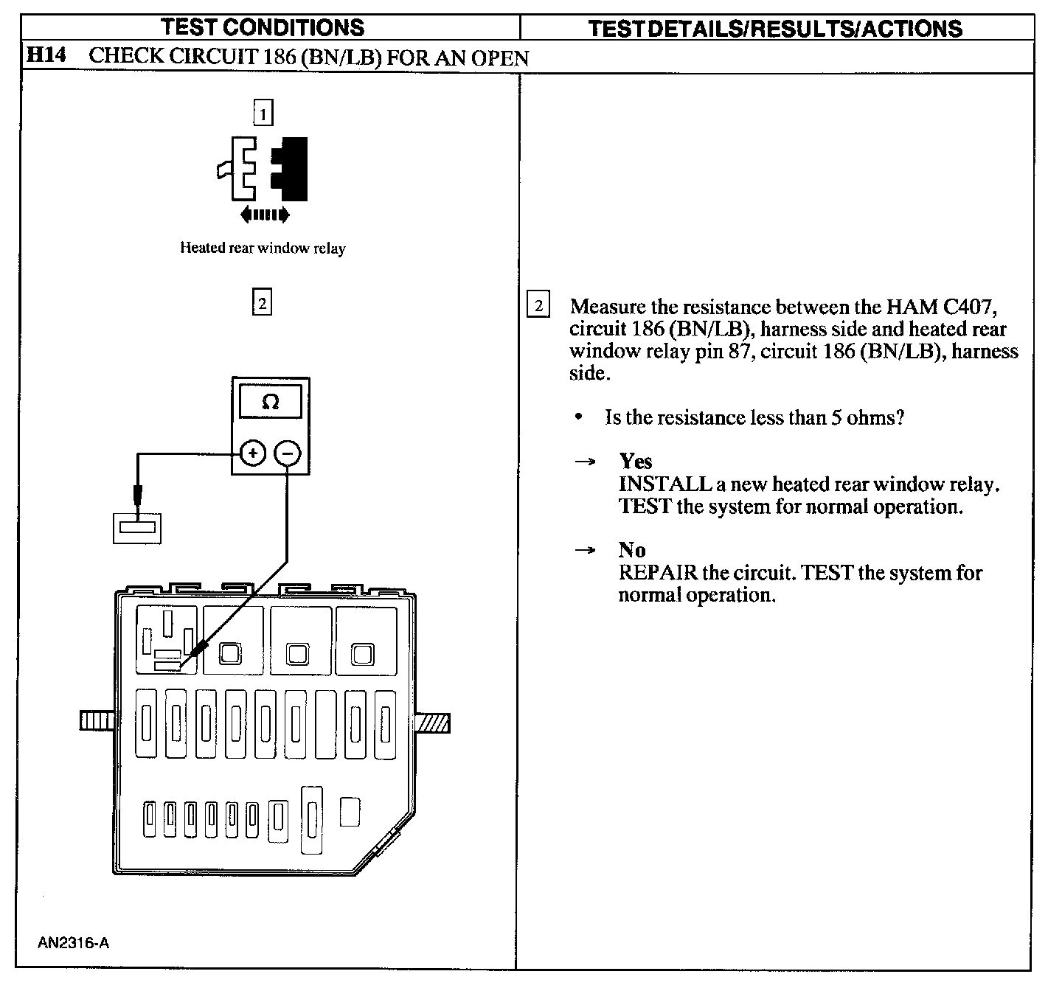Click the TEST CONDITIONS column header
[x=263, y=27]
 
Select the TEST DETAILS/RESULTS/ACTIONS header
[x=775, y=29]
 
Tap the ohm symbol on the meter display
[x=271, y=403]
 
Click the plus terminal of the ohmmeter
[x=253, y=453]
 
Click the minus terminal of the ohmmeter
[x=288, y=453]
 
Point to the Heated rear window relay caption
[x=263, y=248]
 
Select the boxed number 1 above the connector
[x=263, y=114]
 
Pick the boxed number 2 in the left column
[x=262, y=302]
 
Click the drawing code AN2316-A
[x=74, y=943]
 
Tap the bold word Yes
[x=636, y=462]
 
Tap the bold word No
[x=632, y=550]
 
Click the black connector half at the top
[x=291, y=169]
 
